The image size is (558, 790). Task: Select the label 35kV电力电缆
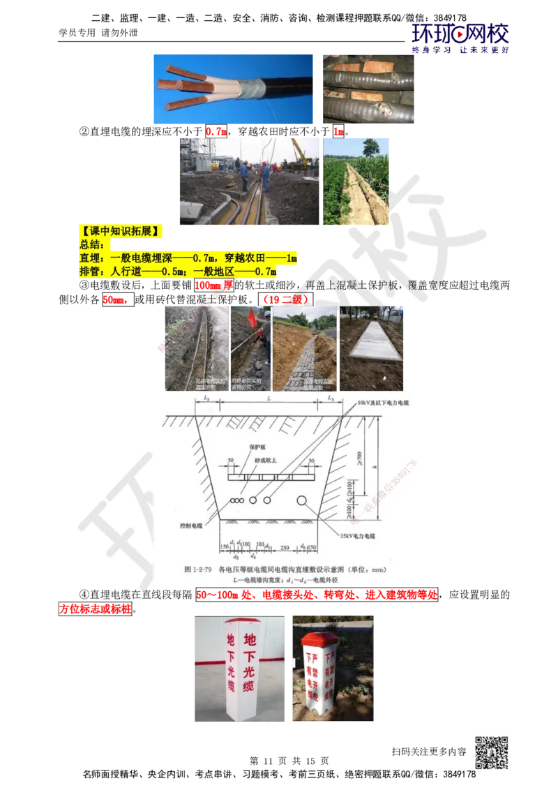(358, 536)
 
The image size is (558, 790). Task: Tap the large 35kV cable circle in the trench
(303, 500)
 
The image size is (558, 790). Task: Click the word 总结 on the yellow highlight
(91, 245)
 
